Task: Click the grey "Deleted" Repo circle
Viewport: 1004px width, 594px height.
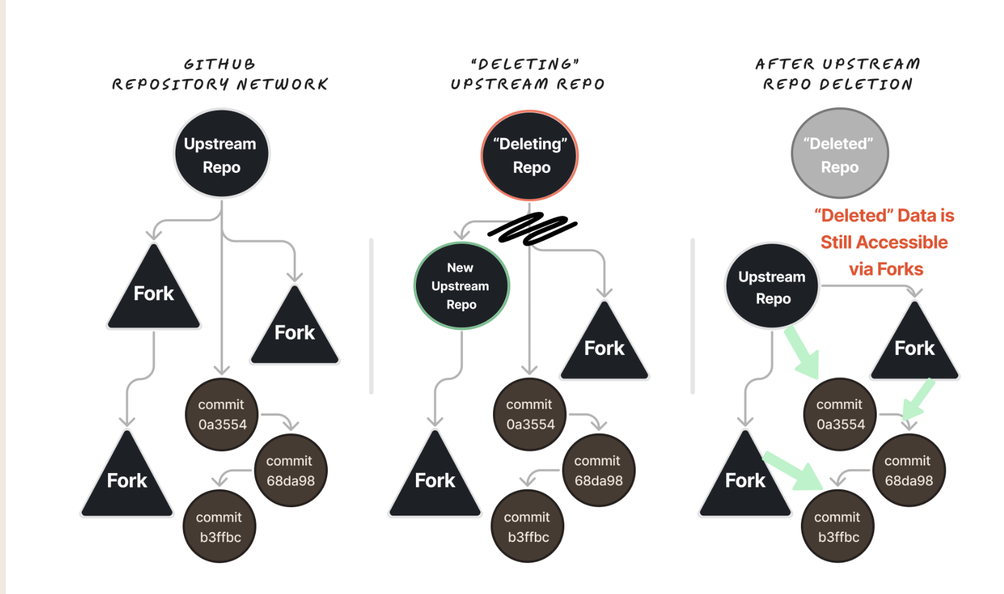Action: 839,154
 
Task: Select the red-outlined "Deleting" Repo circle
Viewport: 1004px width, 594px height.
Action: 530,156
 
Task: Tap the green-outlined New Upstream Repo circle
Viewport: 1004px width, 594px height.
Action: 462,286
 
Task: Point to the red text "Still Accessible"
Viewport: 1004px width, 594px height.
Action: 884,242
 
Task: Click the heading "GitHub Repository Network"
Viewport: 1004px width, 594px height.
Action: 220,74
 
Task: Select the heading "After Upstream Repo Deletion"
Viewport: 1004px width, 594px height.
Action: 838,74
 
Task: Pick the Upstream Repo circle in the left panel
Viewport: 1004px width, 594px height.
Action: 222,154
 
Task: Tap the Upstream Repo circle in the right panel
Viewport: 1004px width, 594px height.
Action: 772,287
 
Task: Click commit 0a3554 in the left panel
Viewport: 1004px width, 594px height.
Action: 222,415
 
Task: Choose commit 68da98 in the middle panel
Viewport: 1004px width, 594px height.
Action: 598,471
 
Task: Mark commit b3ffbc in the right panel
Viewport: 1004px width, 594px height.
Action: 838,526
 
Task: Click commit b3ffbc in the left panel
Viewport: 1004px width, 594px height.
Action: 219,526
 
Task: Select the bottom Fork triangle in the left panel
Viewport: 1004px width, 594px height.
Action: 127,479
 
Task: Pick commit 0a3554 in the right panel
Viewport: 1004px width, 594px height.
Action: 840,415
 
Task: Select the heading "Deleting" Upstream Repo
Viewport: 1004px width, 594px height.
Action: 528,74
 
